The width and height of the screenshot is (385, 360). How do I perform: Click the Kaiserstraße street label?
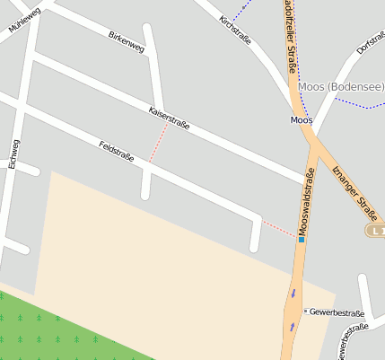169,119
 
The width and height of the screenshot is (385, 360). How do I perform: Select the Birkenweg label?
126,41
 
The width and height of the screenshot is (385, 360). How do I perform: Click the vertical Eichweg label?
13,154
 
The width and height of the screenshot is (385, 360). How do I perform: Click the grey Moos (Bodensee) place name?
341,86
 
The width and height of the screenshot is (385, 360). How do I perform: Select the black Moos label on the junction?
301,119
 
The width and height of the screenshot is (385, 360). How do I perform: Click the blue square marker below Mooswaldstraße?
302,240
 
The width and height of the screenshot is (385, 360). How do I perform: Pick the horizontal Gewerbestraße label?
337,312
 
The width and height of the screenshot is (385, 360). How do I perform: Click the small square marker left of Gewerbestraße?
305,312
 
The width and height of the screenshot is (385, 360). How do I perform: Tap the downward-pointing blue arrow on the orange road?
293,293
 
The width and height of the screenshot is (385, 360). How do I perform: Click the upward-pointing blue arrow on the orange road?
292,327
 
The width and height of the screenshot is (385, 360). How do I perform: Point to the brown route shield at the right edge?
376,231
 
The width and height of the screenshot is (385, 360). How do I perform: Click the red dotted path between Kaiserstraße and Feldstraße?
157,144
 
